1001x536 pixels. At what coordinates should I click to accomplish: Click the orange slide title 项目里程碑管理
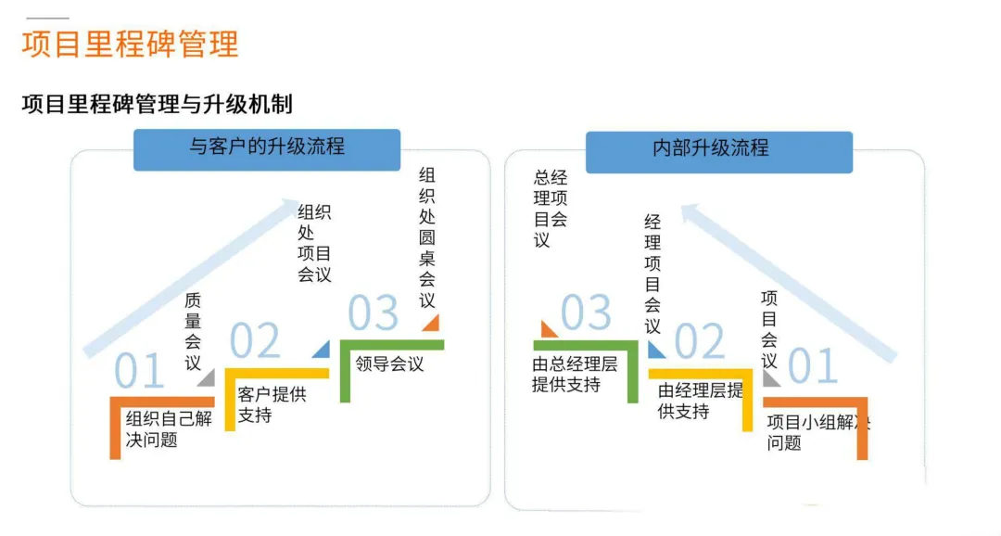pos(130,45)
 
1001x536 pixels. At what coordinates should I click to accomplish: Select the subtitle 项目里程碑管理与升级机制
pos(157,103)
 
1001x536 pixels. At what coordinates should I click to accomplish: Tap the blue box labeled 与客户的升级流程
pos(267,148)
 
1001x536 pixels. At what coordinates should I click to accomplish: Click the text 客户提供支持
pos(272,403)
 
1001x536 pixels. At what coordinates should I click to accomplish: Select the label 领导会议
pos(389,364)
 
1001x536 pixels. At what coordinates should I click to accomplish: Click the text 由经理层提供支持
pos(701,401)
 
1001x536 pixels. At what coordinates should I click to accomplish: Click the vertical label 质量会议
pos(193,331)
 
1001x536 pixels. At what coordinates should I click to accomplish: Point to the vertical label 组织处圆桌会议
pos(427,237)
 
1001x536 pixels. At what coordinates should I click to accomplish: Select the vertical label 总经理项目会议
pos(551,209)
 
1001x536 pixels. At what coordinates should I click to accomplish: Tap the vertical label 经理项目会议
pos(653,274)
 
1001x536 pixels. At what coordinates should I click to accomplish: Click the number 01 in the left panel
pos(139,371)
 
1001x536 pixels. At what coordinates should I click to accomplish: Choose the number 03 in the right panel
pos(586,313)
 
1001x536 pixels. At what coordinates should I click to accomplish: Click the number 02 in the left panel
pos(254,340)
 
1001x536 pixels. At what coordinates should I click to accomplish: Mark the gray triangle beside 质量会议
pos(206,377)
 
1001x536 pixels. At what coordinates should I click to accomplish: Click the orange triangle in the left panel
pos(430,323)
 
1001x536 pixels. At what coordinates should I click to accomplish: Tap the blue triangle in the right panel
pos(655,350)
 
